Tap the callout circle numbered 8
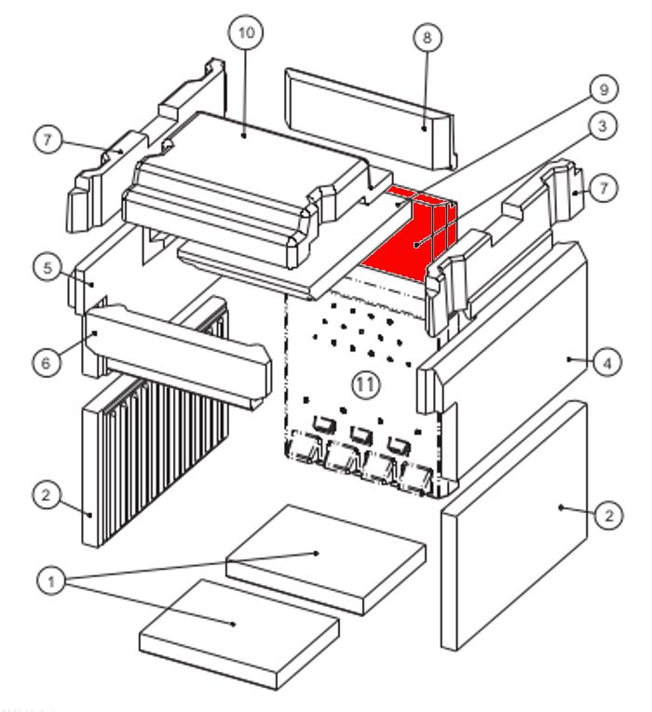click(x=427, y=38)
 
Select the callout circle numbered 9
click(x=603, y=89)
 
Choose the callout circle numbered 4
click(x=607, y=363)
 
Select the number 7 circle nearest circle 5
click(x=48, y=141)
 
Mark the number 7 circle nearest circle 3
click(x=604, y=189)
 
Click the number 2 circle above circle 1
click(x=45, y=494)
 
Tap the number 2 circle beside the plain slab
click(x=607, y=515)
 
